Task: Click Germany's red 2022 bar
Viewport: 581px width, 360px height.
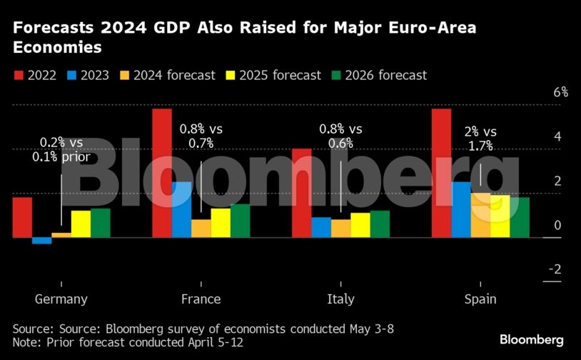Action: [x=22, y=217]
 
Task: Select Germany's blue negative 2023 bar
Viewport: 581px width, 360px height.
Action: [x=41, y=241]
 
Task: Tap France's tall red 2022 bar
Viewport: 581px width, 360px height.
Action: [x=162, y=173]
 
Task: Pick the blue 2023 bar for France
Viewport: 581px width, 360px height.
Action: [x=181, y=209]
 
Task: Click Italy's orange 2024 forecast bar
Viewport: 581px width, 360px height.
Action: [x=340, y=229]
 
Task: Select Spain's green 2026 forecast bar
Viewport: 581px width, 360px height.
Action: [x=520, y=217]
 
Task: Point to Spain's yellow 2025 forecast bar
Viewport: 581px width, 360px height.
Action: [x=500, y=216]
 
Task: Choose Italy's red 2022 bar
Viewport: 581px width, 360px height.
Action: [x=302, y=193]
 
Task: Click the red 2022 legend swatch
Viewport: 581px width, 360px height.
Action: [x=19, y=75]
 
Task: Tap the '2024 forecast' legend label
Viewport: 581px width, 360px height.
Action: [x=174, y=75]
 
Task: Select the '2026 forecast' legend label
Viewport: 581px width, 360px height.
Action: [x=386, y=75]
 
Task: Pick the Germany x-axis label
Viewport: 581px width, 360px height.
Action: [x=61, y=299]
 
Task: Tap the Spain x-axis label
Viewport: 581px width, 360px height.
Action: [x=480, y=299]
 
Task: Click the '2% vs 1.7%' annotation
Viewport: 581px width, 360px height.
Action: [x=480, y=139]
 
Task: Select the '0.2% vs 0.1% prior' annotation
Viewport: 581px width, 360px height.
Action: [x=61, y=150]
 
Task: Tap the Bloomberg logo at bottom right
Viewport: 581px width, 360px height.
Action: [x=532, y=339]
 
